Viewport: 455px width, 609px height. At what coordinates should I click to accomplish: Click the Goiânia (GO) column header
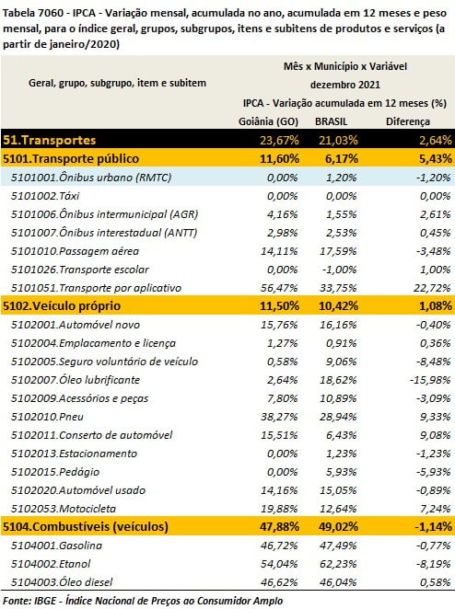point(268,121)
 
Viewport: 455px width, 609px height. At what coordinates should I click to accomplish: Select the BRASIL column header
point(332,121)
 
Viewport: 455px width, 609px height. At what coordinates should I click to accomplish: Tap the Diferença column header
point(408,121)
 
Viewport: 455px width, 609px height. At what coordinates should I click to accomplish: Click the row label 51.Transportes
point(50,140)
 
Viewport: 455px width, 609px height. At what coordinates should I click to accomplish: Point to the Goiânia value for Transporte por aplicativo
point(279,288)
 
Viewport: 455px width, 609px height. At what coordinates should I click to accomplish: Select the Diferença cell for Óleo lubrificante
point(430,380)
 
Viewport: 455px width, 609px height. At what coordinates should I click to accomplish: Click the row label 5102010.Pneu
point(47,417)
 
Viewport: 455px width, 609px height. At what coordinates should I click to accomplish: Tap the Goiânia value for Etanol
point(279,564)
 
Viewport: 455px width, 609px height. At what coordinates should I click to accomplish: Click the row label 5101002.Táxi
point(45,196)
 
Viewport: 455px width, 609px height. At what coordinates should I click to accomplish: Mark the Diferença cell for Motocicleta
point(436,509)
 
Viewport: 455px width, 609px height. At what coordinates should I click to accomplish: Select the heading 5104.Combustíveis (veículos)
point(86,526)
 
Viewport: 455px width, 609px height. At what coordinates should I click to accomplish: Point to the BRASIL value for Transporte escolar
point(340,270)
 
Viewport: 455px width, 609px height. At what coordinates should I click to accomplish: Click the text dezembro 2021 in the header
point(345,85)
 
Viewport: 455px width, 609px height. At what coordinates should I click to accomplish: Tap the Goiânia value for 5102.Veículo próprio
point(279,305)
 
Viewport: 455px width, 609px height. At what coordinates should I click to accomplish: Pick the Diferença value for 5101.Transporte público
point(436,158)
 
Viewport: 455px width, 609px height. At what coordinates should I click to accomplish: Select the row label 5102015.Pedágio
point(55,472)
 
